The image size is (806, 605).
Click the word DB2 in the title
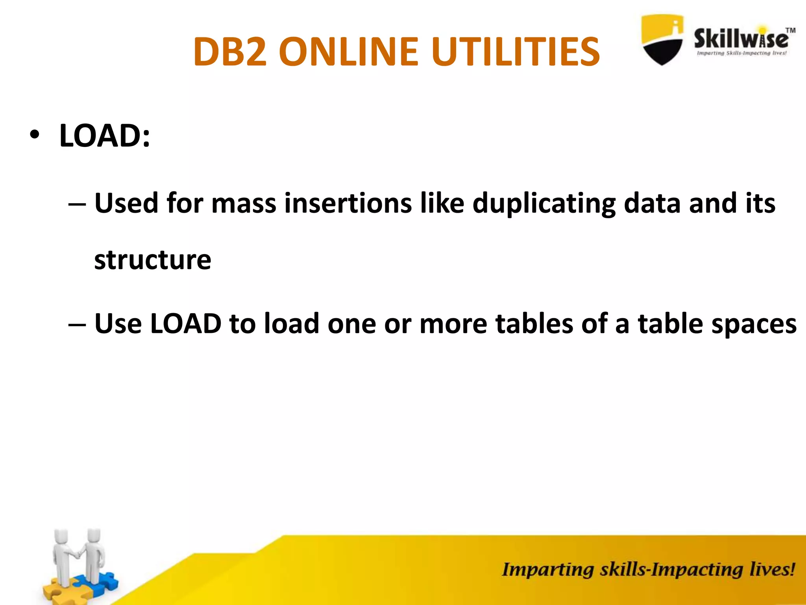(x=230, y=52)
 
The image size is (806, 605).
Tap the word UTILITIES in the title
(x=515, y=52)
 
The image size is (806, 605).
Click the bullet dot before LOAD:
(x=35, y=135)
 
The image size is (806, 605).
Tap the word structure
(x=153, y=260)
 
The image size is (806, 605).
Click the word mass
(x=244, y=203)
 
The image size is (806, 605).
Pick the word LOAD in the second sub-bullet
(x=186, y=324)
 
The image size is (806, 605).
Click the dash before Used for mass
(x=77, y=204)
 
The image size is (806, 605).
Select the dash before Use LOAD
(x=77, y=325)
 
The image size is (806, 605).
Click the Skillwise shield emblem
(x=662, y=39)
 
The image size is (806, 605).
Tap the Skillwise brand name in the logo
(x=741, y=39)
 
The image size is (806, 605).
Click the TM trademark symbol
(x=790, y=30)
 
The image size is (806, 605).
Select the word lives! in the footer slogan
(x=772, y=570)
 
